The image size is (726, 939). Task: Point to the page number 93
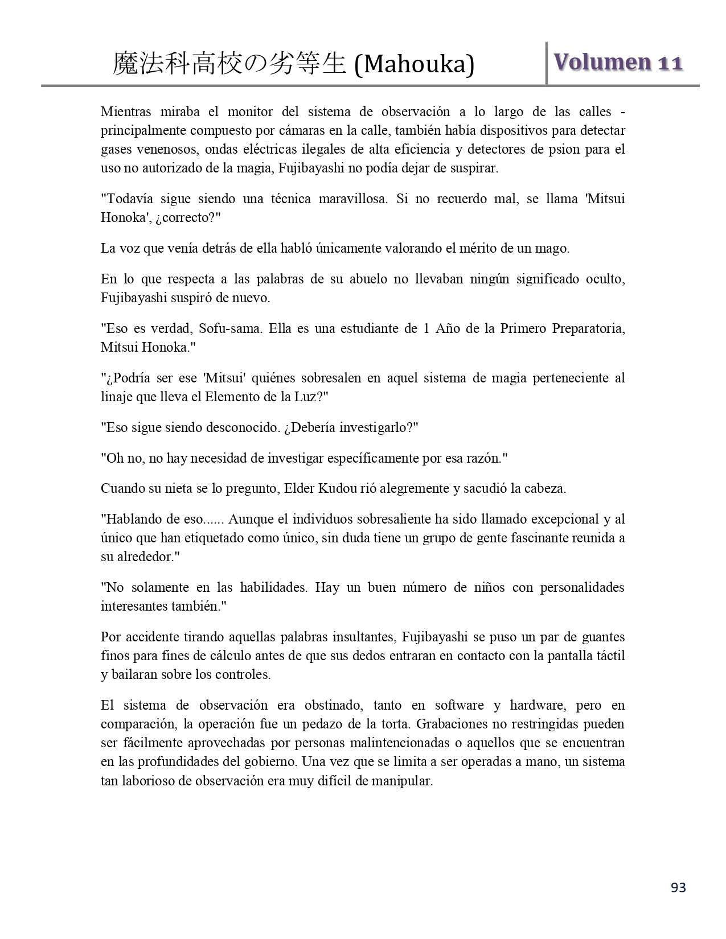[x=678, y=887]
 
